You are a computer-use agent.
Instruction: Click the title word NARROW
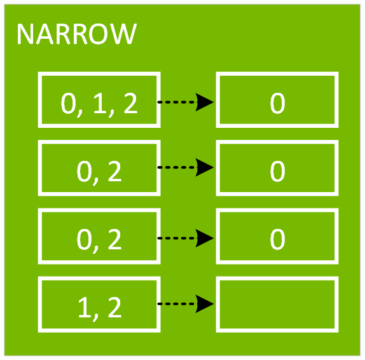[x=77, y=34]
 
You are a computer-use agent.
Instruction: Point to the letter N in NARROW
[x=25, y=34]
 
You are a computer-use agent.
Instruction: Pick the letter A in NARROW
[x=45, y=34]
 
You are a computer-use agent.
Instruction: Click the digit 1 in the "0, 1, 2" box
[x=99, y=103]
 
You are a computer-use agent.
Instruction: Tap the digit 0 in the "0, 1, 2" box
[x=68, y=103]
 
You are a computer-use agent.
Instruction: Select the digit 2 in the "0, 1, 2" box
[x=130, y=103]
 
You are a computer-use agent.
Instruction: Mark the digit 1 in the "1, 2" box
[x=85, y=307]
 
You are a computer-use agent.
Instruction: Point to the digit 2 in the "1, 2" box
[x=114, y=307]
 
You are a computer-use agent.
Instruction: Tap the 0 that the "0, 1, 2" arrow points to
[x=277, y=103]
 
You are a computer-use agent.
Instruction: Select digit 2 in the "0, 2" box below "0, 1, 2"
[x=114, y=171]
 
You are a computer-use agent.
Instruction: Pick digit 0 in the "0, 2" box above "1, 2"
[x=84, y=239]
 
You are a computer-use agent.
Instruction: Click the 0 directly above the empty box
[x=277, y=239]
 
